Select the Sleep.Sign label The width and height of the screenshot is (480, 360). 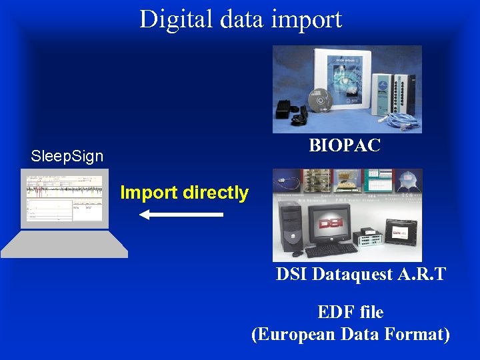[67, 157]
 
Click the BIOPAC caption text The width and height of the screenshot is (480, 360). [345, 146]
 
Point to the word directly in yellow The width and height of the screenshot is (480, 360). [215, 193]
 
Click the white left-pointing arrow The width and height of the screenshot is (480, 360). [181, 215]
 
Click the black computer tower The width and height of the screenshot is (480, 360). [291, 227]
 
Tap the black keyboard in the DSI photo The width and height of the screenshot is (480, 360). [331, 251]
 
